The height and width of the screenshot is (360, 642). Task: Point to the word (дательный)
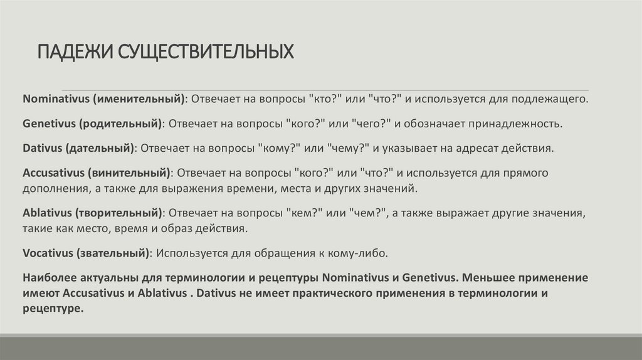[100, 148]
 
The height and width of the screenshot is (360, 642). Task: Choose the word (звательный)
[113, 253]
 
